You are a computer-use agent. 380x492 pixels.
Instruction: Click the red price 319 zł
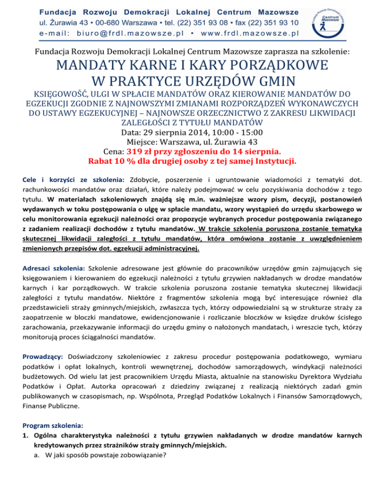144,152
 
